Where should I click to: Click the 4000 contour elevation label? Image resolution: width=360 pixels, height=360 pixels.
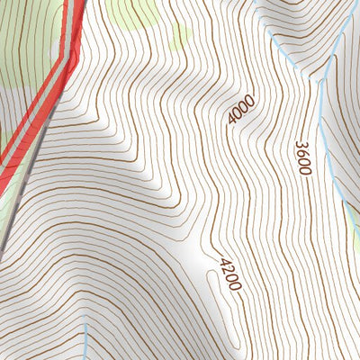pos(240,110)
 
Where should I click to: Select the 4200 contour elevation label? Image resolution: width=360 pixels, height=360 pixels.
pos(230,274)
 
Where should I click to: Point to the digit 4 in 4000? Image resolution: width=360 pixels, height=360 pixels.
pos(234,121)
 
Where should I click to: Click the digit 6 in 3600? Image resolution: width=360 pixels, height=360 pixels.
pos(302,152)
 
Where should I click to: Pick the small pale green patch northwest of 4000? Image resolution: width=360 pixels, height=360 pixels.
pos(180,36)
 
